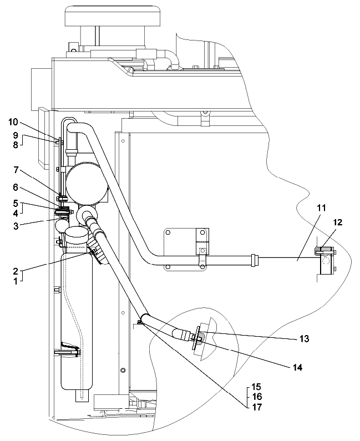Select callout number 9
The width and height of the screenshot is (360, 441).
pos(16,135)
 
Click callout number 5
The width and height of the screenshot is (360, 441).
pos(16,202)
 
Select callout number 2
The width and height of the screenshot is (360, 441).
pos(16,272)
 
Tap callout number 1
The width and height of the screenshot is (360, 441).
pos(16,281)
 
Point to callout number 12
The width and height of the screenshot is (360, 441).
pos(337,222)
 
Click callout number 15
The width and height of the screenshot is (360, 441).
pos(257,386)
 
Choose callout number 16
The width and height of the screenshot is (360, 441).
pos(257,397)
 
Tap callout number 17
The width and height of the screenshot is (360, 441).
pos(257,407)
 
